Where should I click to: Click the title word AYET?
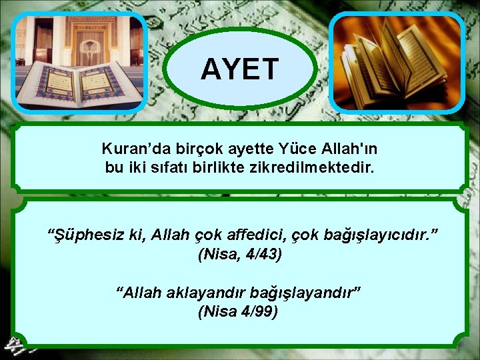pos(239,69)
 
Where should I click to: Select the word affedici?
pos(252,235)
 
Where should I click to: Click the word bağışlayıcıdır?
pos(376,235)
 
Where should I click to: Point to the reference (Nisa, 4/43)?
pos(240,254)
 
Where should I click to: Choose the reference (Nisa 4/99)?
pos(238,311)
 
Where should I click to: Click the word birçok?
pos(185,147)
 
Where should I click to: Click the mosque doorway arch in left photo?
pos(87,40)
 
